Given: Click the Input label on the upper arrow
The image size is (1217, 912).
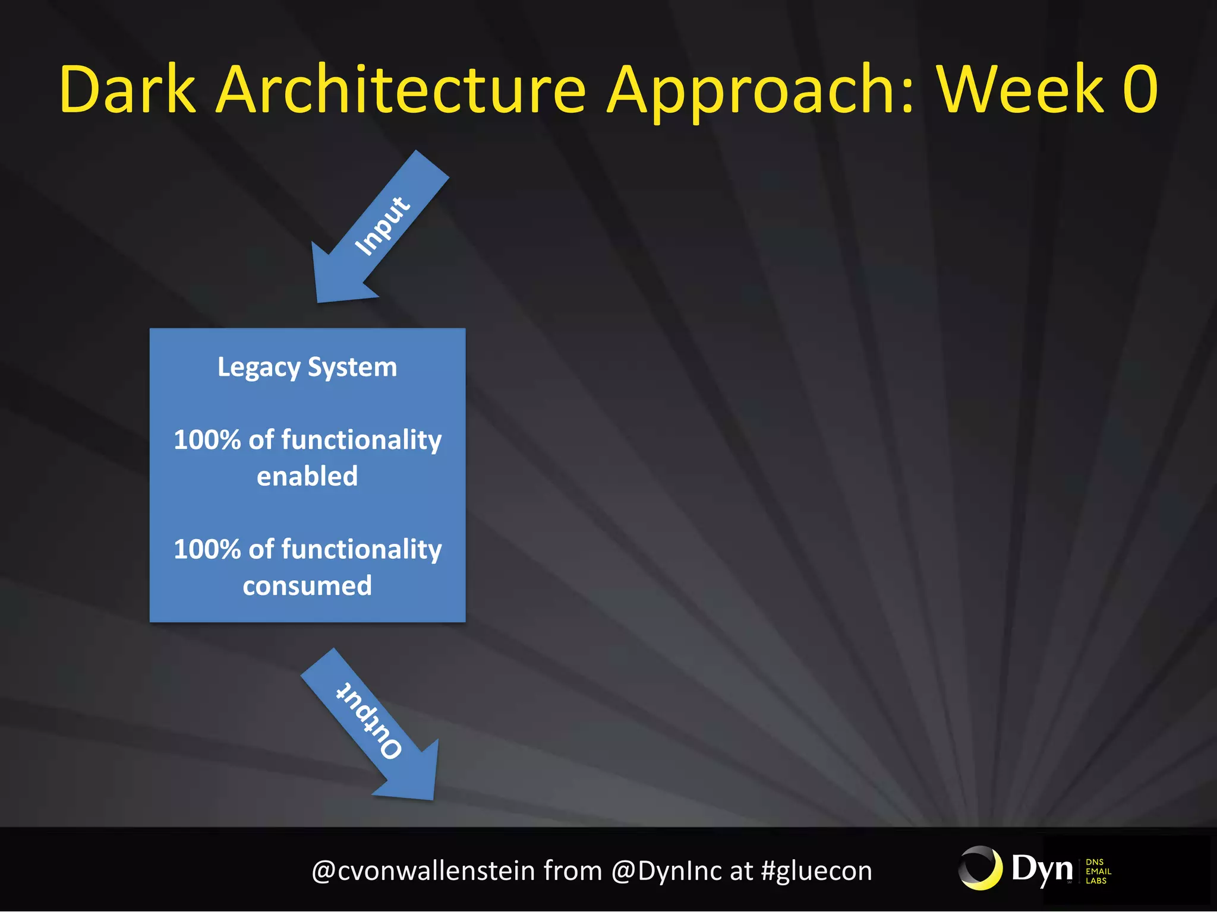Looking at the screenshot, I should coord(382,226).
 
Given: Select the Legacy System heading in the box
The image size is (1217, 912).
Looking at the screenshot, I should coord(307,367).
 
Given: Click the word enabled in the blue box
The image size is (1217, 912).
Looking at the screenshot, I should coord(307,476).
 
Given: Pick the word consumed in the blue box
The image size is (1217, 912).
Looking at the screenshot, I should coord(307,586).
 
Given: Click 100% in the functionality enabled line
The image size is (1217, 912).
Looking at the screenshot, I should coord(207,440).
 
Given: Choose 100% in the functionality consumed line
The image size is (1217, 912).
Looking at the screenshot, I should coord(207,549).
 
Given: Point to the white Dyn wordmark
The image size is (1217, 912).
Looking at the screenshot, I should coord(1042,869).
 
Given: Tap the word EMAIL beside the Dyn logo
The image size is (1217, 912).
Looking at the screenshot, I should coord(1098,871).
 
